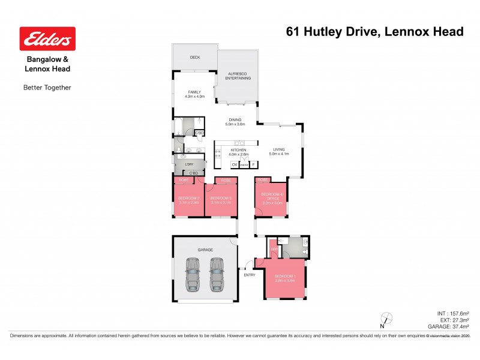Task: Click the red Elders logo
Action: (47, 40)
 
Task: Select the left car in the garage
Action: (193, 274)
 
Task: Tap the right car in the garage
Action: (216, 274)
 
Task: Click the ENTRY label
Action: (250, 275)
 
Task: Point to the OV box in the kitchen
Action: (235, 164)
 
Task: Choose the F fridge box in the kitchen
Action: (253, 164)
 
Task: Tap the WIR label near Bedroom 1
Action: (273, 249)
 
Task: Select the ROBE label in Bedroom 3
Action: (225, 180)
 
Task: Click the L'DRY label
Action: (189, 164)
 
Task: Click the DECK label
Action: (194, 58)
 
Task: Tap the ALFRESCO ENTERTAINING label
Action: (238, 76)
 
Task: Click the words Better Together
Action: (47, 88)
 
